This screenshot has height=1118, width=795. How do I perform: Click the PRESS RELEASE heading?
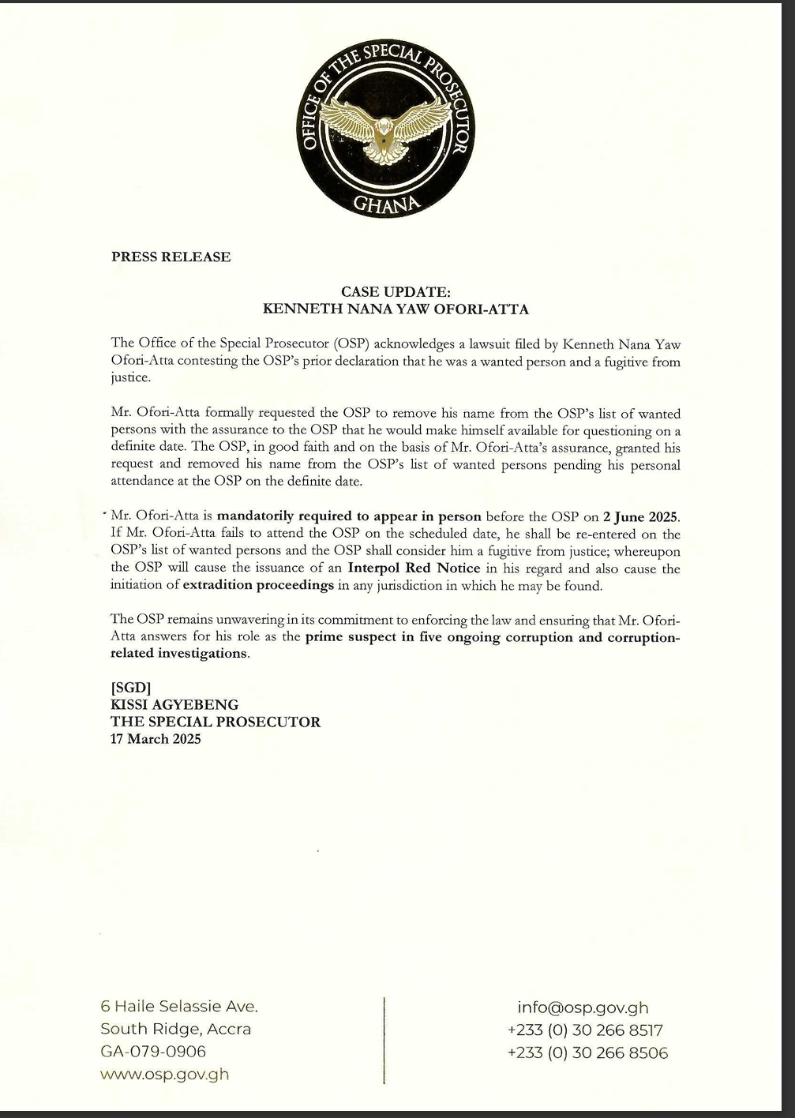coord(171,257)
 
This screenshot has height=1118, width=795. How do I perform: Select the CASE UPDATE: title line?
coord(396,292)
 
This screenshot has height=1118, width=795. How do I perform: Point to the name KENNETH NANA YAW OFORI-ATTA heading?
coord(396,309)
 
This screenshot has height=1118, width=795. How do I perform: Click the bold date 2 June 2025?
coord(640,517)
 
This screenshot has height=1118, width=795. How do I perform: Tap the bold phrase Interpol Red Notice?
coord(414,568)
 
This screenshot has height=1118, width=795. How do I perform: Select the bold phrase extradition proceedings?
coord(258,585)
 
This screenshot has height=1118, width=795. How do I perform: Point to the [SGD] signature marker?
coord(131,688)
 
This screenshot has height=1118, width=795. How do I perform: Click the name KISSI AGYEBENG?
coord(174,704)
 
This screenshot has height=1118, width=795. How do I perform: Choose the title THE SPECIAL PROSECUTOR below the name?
coord(216,722)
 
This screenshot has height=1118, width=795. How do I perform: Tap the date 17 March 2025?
coord(156,739)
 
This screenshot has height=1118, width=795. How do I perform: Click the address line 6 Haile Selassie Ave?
coord(179,1007)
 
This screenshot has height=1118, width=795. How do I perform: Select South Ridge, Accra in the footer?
coord(175,1029)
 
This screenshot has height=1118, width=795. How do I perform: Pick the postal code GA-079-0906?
coord(153,1052)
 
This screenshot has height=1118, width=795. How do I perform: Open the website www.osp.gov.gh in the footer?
coord(164,1075)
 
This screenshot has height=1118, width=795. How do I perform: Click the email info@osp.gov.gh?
coord(583,1007)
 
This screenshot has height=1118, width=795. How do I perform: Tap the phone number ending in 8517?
coord(585,1030)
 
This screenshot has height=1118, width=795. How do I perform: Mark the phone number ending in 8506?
coord(587,1053)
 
